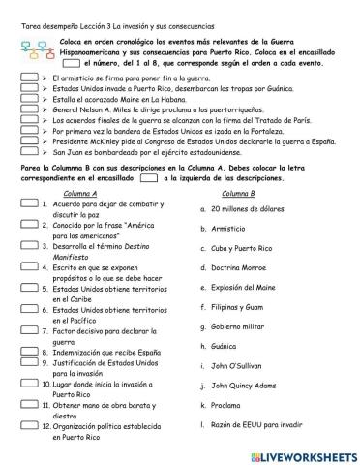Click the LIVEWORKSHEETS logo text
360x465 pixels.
coord(307,453)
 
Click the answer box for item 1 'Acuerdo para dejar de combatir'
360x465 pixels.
coord(28,206)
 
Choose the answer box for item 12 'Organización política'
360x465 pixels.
coord(28,426)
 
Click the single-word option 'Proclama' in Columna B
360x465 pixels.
coord(227,406)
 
